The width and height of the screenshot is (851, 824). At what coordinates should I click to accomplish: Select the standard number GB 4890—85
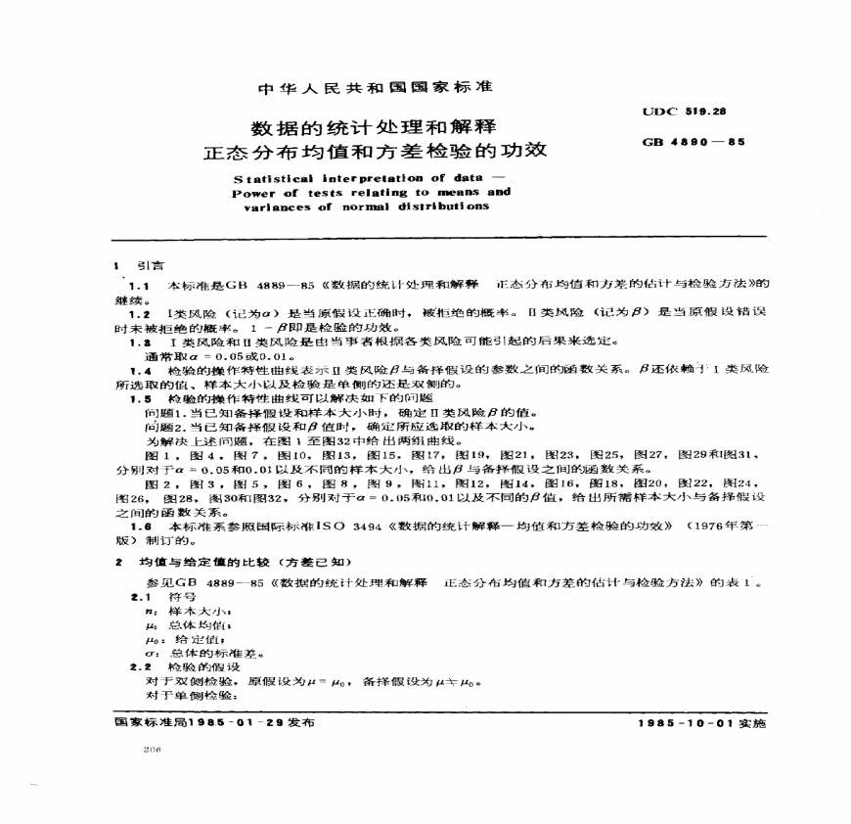click(x=693, y=141)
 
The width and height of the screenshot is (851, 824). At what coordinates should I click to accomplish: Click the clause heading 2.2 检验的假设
click(x=177, y=667)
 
